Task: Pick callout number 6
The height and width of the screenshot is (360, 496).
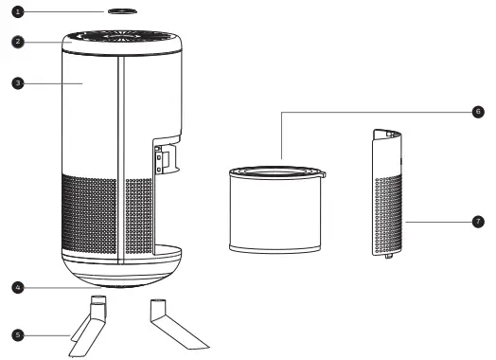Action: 478,111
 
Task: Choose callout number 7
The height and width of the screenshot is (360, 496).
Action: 478,223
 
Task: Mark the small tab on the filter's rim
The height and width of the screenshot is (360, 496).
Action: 322,174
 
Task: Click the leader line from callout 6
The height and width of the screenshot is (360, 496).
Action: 379,111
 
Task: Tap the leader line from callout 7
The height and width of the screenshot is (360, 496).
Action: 440,223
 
